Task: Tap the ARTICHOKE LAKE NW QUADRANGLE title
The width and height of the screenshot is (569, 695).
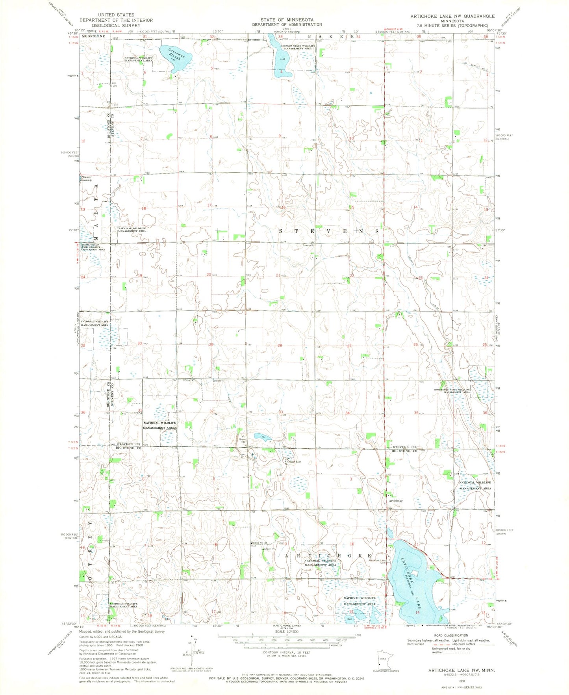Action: (452, 16)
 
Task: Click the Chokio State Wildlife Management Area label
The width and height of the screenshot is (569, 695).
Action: (298, 47)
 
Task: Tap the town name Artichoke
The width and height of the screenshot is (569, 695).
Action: (395, 501)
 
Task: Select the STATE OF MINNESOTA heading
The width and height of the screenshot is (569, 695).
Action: (287, 20)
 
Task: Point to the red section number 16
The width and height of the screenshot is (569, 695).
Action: (283, 207)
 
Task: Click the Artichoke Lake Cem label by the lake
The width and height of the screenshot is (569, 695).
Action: (377, 561)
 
